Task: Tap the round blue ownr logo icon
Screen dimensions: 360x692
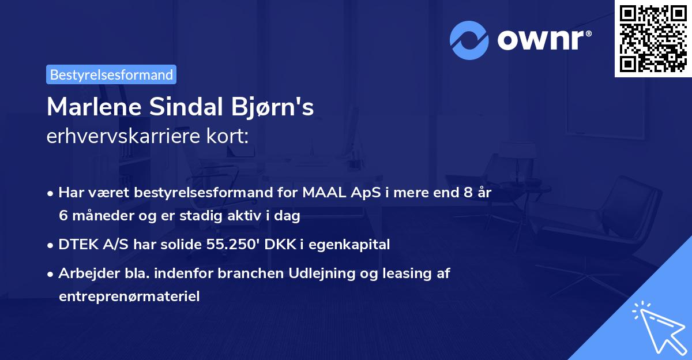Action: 469,40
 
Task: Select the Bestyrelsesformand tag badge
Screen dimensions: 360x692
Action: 111,74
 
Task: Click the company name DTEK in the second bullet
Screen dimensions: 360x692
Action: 78,245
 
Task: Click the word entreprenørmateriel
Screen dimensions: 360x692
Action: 129,297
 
